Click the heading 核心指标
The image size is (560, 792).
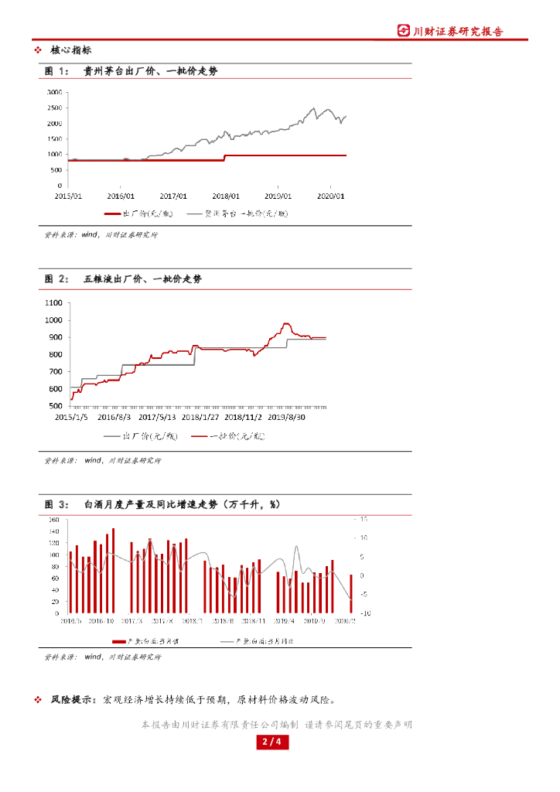pyautogui.click(x=70, y=49)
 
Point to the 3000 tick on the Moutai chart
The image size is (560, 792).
pyautogui.click(x=54, y=92)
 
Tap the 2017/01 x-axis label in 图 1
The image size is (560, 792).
pyautogui.click(x=174, y=196)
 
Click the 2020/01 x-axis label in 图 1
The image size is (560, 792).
pyautogui.click(x=330, y=196)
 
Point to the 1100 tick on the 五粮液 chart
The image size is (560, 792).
pyautogui.click(x=54, y=302)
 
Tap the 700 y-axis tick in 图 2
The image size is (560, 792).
pyautogui.click(x=56, y=372)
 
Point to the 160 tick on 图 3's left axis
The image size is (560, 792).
pyautogui.click(x=54, y=521)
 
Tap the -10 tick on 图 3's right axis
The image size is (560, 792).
pyautogui.click(x=366, y=613)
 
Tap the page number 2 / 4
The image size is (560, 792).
pyautogui.click(x=271, y=743)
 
